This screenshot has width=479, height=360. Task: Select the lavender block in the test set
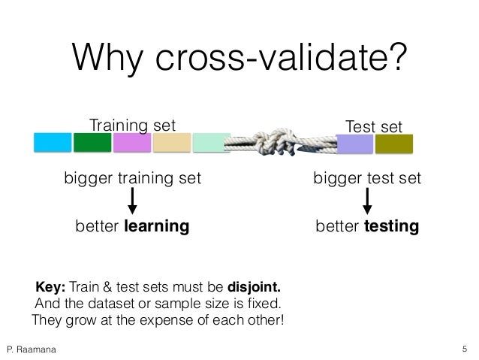(354, 144)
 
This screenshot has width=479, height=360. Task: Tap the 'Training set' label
(131, 124)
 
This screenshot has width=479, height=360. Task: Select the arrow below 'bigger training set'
(132, 200)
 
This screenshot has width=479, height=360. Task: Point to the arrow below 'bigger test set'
(367, 200)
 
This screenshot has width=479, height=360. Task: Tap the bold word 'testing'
(391, 226)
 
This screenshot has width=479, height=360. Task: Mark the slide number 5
(465, 348)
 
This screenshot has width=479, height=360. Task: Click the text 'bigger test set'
(367, 179)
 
